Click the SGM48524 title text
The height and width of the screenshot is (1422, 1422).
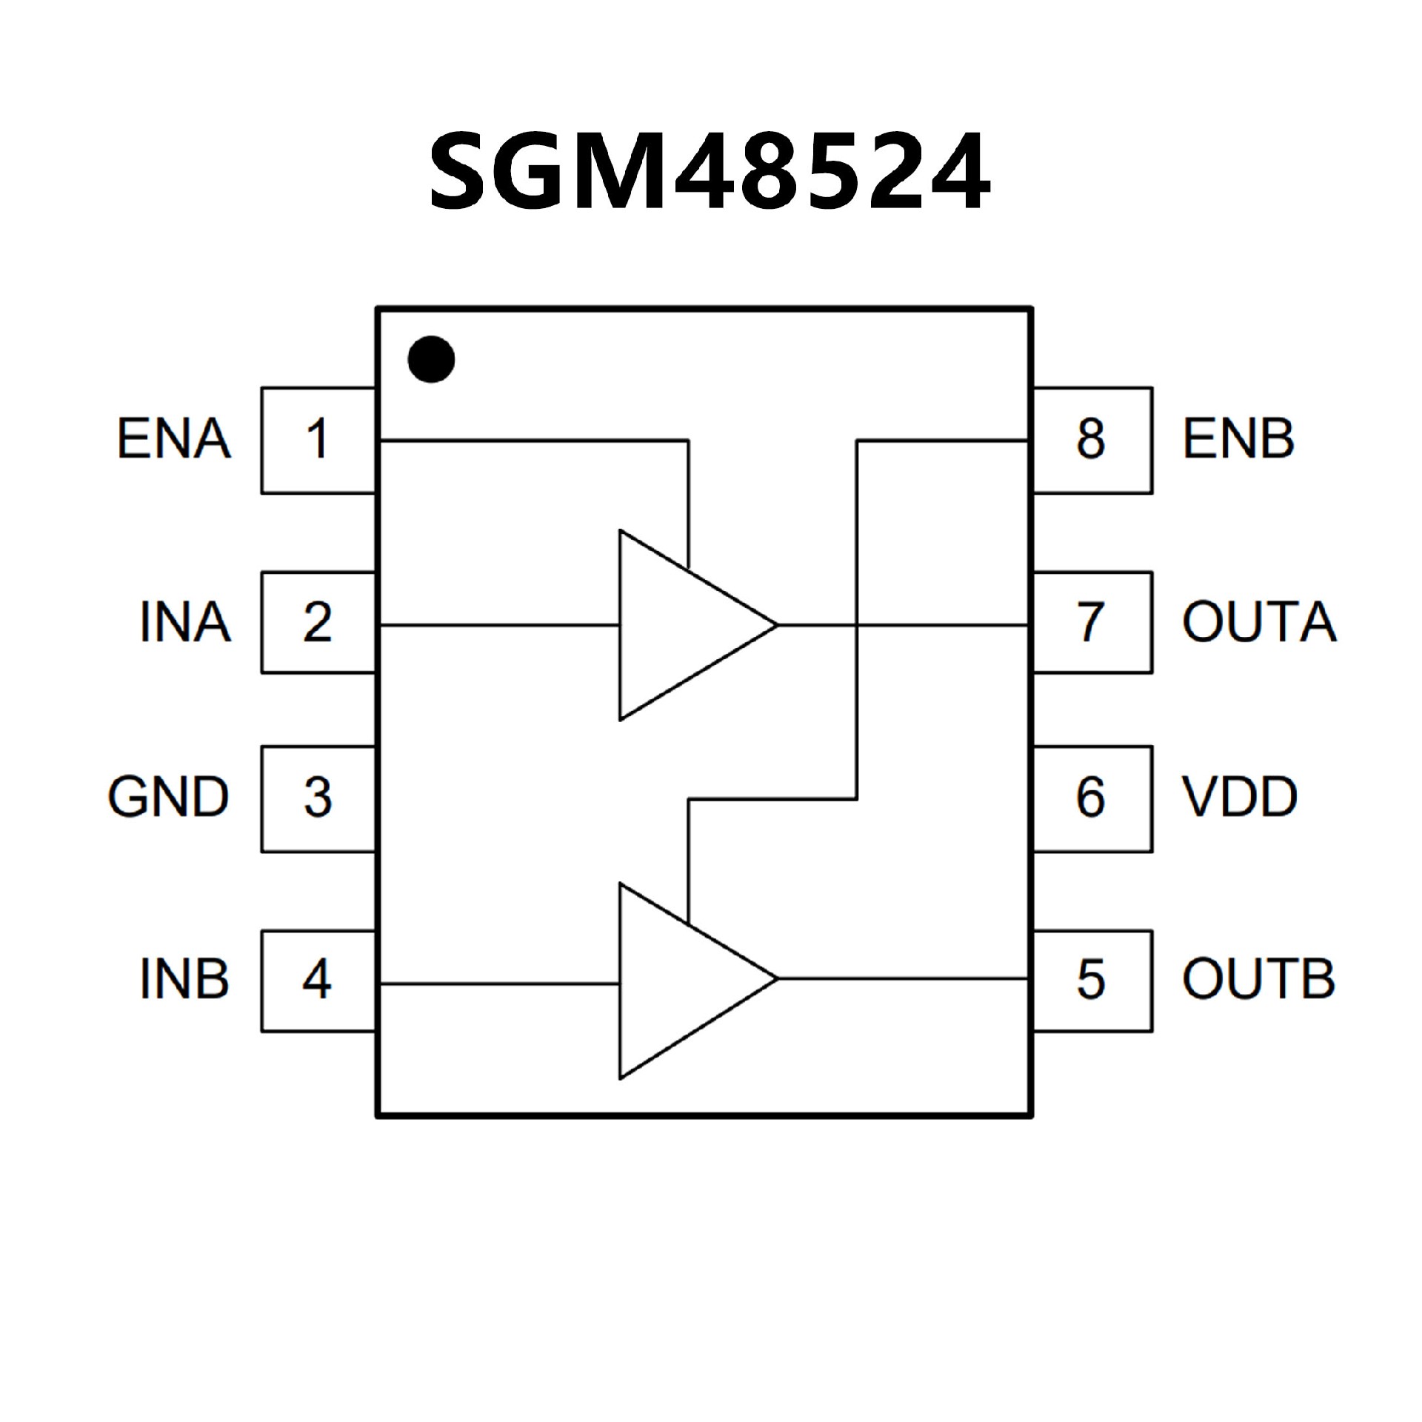coord(710,172)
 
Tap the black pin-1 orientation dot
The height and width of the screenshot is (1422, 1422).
coord(431,359)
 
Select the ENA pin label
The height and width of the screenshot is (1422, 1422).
coord(174,439)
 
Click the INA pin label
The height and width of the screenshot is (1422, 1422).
coord(185,622)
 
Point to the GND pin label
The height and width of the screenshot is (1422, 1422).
coord(169,798)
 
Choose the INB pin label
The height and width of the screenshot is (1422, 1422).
coord(184,979)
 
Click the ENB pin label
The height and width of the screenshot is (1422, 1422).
coord(1238,439)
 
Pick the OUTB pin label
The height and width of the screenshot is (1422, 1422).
coord(1258,979)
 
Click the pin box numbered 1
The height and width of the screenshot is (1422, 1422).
coord(318,440)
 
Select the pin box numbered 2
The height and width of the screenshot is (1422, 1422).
coord(318,622)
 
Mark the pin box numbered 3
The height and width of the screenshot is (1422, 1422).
coord(318,798)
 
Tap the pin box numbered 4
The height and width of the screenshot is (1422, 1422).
coord(318,981)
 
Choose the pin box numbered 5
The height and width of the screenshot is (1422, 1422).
coord(1092,981)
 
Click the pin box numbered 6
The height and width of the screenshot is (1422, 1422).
coord(1092,798)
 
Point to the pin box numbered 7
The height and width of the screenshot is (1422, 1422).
coord(1092,622)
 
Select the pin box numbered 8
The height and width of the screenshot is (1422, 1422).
coord(1092,440)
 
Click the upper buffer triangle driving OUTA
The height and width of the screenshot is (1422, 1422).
coord(674,625)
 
